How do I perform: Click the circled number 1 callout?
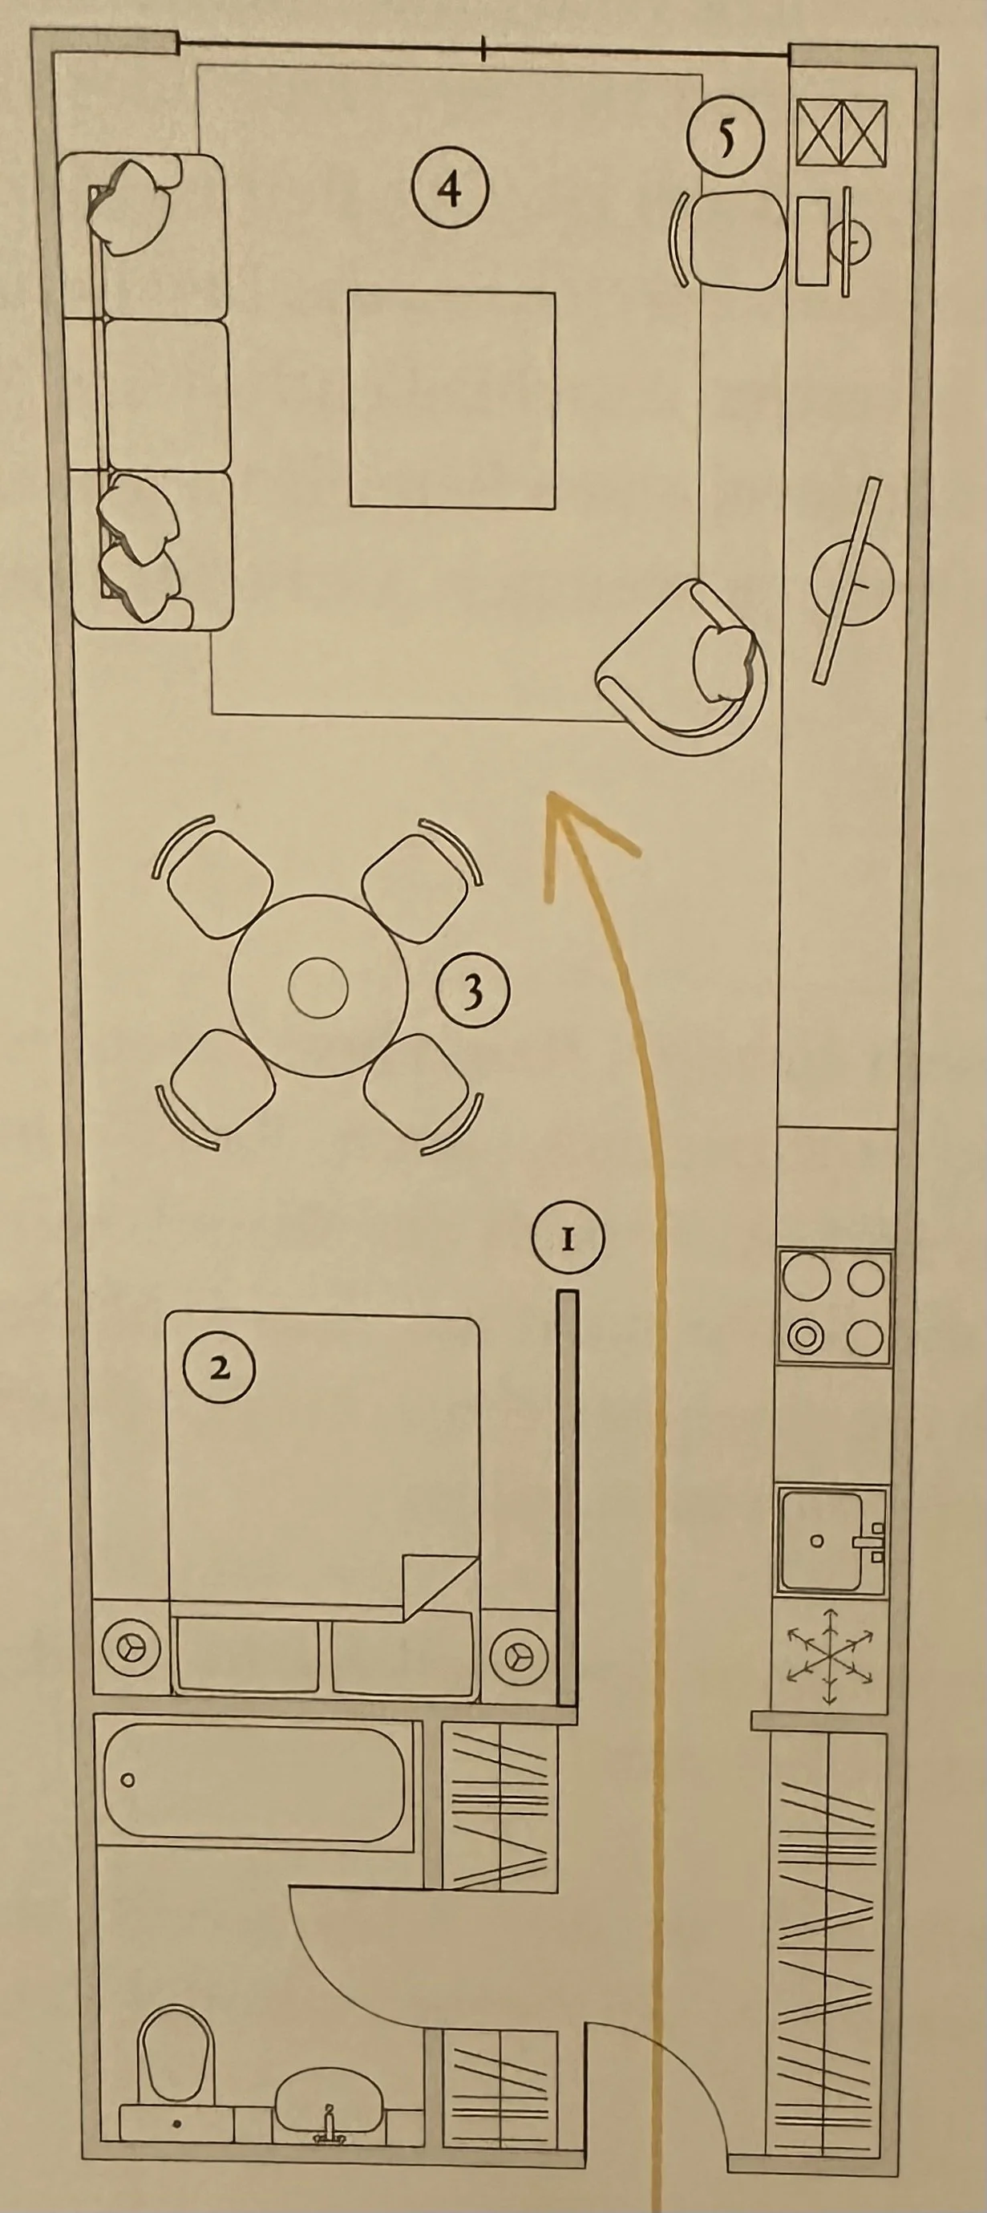pos(567,1238)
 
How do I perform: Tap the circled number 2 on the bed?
pos(220,1368)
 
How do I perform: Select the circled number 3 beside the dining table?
pos(472,991)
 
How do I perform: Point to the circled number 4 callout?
pos(450,189)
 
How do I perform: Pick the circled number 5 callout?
pos(726,137)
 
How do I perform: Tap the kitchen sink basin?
pos(820,1540)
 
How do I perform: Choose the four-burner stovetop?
pos(833,1307)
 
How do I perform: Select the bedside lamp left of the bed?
pos(131,1650)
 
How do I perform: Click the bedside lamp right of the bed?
pos(519,1650)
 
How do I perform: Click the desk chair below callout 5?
pos(737,240)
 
